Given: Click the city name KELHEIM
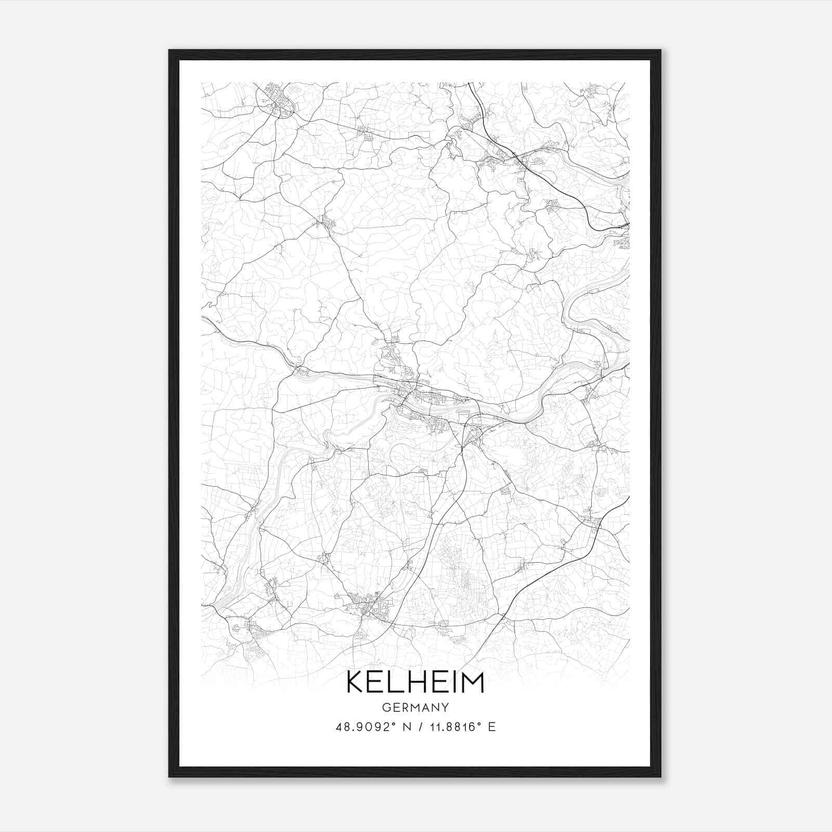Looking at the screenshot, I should [415, 682].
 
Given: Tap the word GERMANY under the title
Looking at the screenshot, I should [415, 707].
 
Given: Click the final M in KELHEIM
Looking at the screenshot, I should [472, 682].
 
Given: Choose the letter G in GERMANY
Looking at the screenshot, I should [385, 707].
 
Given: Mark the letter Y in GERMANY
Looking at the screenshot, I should [445, 707].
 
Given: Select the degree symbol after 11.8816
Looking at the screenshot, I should [479, 723].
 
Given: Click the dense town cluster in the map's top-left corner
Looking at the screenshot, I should [277, 100].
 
